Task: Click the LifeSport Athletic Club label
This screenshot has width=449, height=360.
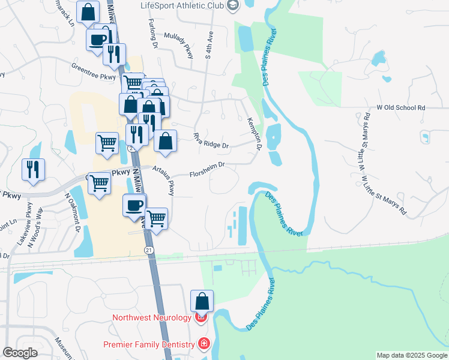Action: pyautogui.click(x=181, y=6)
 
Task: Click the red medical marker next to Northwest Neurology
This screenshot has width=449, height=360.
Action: pyautogui.click(x=202, y=316)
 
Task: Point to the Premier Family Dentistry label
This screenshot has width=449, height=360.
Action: pyautogui.click(x=149, y=344)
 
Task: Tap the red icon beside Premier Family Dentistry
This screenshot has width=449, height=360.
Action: pyautogui.click(x=204, y=344)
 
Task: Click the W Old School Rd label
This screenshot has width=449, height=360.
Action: pyautogui.click(x=400, y=107)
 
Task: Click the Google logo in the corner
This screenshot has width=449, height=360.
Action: pyautogui.click(x=20, y=353)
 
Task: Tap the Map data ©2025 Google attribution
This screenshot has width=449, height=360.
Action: pyautogui.click(x=411, y=355)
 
